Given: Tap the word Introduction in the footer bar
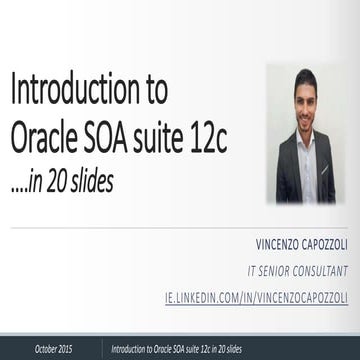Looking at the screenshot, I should [x=125, y=348].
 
